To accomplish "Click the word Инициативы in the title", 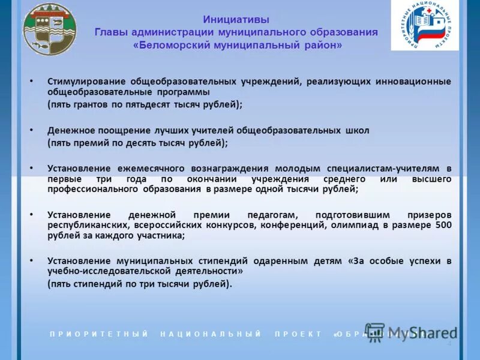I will pos(236,19).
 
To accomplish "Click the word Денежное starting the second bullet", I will pos(67,130).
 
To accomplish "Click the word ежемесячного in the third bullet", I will pos(142,169).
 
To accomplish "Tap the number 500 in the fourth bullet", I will pos(443,225).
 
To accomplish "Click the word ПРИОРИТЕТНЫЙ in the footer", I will pos(99,334).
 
